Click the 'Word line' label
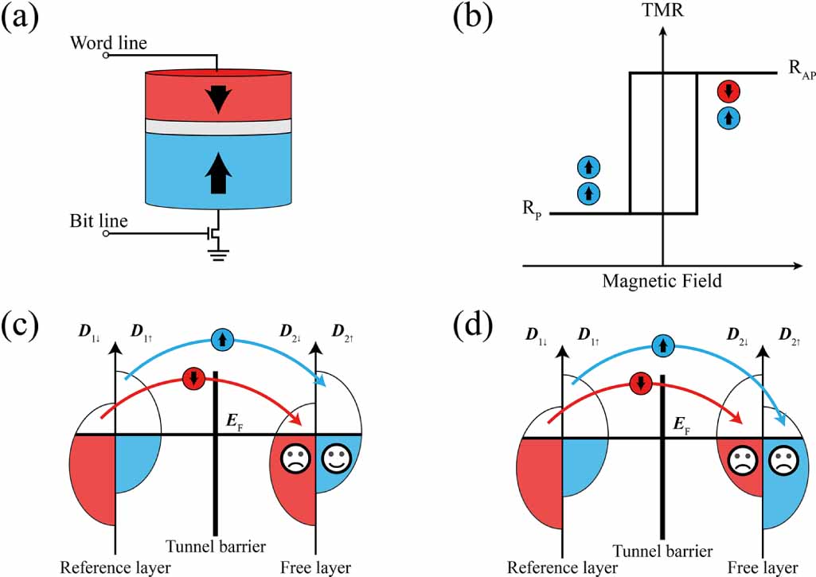[108, 43]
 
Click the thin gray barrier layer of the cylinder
[215, 126]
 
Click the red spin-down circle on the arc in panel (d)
[640, 384]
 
